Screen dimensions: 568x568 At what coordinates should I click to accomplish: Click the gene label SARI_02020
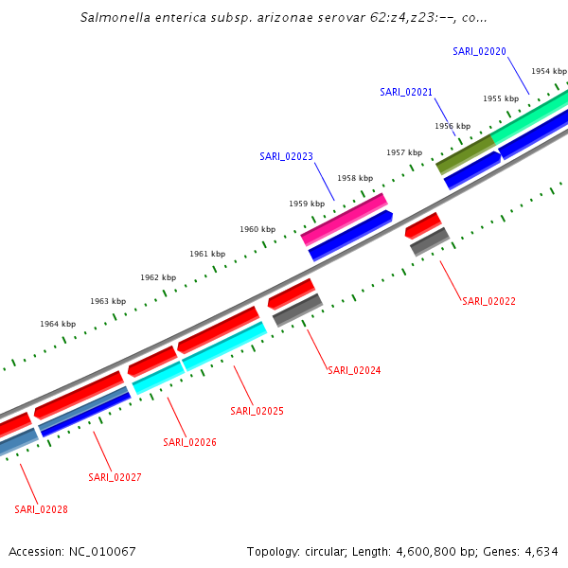479,51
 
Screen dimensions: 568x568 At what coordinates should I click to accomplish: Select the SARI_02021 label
406,92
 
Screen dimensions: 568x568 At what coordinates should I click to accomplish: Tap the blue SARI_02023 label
286,156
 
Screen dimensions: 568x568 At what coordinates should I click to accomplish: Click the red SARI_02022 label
488,301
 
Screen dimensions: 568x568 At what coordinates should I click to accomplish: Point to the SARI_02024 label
354,370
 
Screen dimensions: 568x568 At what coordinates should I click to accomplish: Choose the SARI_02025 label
257,411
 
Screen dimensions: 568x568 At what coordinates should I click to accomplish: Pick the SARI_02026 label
189,442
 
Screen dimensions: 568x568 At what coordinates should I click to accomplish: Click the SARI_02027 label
115,477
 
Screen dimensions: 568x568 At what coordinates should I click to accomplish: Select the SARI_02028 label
41,509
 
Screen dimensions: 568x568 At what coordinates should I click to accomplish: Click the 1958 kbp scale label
355,178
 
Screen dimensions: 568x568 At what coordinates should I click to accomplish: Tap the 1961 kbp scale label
207,254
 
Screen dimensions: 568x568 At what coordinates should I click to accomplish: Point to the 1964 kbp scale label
58,324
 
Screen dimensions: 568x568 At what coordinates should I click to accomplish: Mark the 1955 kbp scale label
501,98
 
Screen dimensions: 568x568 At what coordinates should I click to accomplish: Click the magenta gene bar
344,220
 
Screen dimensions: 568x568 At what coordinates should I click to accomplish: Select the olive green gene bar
465,154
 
